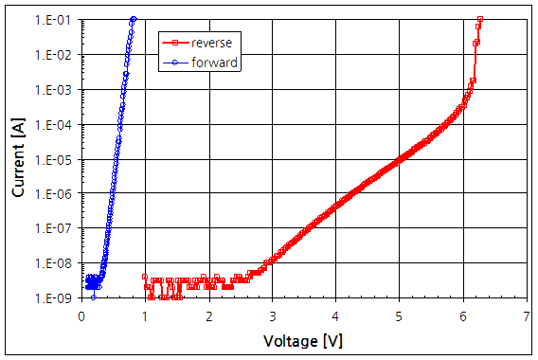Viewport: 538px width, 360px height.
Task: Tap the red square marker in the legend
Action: click(173, 43)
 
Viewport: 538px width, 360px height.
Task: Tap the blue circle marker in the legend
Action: click(173, 63)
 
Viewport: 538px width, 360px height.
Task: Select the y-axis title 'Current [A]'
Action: click(17, 156)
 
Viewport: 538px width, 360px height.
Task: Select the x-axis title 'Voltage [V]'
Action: click(303, 338)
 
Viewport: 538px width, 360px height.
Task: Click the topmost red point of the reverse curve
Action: click(480, 19)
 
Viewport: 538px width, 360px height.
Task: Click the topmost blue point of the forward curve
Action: click(134, 19)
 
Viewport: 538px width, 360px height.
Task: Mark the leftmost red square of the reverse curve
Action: click(144, 278)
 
